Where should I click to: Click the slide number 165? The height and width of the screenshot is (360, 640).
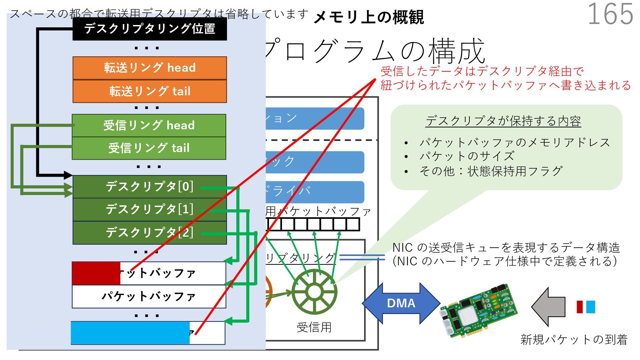pos(610,14)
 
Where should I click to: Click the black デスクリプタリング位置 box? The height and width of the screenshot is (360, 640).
pos(150,29)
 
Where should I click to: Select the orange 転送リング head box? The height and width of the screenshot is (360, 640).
pos(150,68)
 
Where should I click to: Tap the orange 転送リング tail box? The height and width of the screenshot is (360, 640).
pos(150,91)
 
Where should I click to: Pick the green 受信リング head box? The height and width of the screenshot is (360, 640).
pos(149,125)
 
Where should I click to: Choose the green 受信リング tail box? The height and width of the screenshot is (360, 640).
pos(149,148)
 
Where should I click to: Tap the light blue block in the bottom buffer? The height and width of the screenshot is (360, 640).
pos(130,333)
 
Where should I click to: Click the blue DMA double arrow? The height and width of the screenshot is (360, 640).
pos(401,303)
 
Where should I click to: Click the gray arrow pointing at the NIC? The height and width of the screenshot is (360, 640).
pos(548,307)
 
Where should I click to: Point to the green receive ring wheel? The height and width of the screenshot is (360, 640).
pos(314,292)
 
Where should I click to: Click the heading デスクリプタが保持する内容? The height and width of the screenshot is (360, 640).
pos(503,121)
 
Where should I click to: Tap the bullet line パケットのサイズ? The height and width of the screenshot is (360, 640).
pos(467,156)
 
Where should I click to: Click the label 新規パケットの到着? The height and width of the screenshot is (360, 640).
pos(574,339)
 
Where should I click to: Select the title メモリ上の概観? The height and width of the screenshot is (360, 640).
pos(368,17)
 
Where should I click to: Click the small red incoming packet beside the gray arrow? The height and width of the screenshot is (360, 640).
pos(580,307)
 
